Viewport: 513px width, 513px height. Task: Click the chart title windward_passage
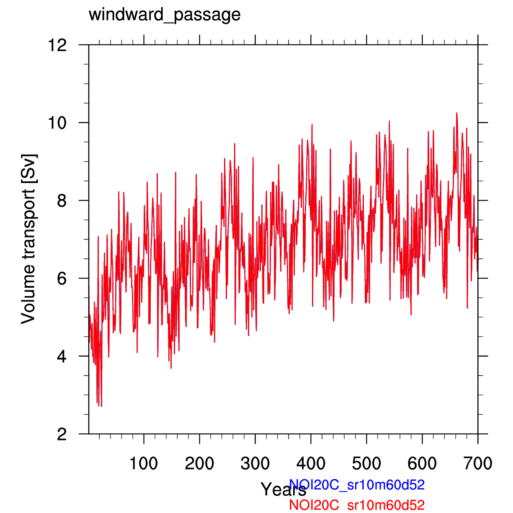pos(165,15)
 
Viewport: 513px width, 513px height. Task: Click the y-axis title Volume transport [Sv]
pos(29,239)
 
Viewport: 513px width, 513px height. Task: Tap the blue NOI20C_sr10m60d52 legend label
pos(357,485)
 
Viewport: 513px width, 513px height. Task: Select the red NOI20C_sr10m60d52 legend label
pos(357,505)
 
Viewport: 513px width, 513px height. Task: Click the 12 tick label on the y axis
pos(57,45)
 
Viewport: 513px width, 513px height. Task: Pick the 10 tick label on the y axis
pos(57,123)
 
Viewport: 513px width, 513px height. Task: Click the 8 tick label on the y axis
pos(62,201)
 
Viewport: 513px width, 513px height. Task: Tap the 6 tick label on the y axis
pos(62,278)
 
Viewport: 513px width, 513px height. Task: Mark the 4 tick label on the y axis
pos(62,356)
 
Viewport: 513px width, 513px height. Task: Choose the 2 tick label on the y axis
pos(62,434)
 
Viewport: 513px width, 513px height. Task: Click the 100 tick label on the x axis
pos(144,464)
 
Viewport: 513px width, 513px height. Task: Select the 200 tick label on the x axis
pos(199,464)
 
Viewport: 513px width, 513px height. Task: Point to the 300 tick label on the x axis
pos(255,464)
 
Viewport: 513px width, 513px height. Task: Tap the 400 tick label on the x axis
pos(311,464)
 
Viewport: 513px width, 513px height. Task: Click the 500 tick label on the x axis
pos(366,464)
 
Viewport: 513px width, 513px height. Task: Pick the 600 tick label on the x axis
pos(422,464)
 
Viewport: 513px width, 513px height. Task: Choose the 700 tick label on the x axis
pos(478,464)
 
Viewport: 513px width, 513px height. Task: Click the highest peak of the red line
pos(456,113)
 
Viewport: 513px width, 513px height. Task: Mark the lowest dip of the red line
pos(101,406)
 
